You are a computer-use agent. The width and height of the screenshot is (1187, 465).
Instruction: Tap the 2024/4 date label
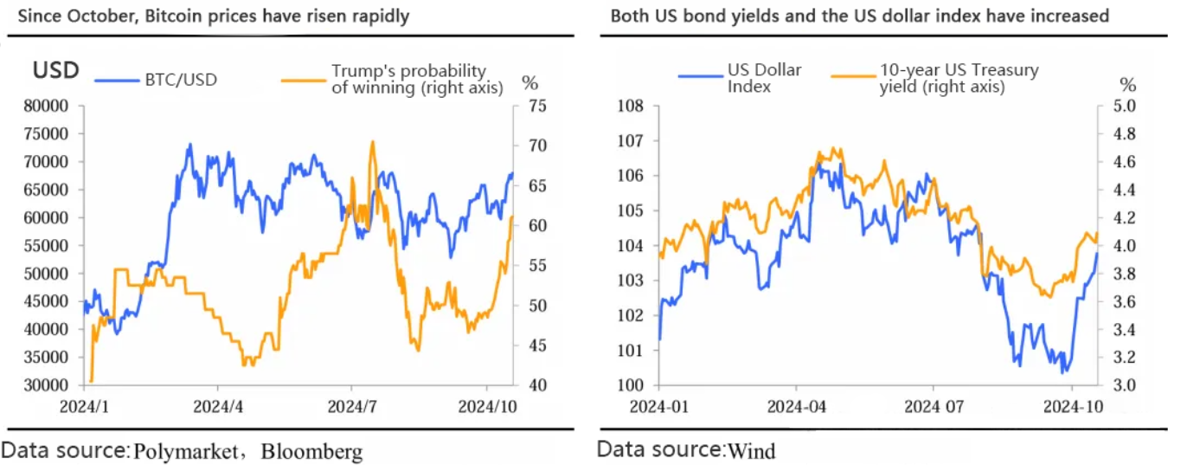218,404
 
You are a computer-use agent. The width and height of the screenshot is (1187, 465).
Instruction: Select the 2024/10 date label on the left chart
486,404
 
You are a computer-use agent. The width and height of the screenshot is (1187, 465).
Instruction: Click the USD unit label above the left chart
56,70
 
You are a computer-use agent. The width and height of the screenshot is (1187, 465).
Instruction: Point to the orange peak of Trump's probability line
372,142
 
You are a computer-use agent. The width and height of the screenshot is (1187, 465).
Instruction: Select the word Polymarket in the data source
185,451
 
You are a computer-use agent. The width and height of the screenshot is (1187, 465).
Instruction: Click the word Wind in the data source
752,450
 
